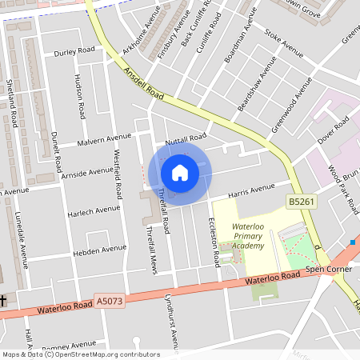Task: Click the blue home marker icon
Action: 180,172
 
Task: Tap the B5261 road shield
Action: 302,202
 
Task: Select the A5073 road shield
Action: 110,301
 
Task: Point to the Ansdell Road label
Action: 144,83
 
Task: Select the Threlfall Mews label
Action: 150,249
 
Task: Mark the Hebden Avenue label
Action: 99,250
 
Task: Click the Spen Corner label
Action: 323,270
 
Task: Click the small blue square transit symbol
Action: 352,242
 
